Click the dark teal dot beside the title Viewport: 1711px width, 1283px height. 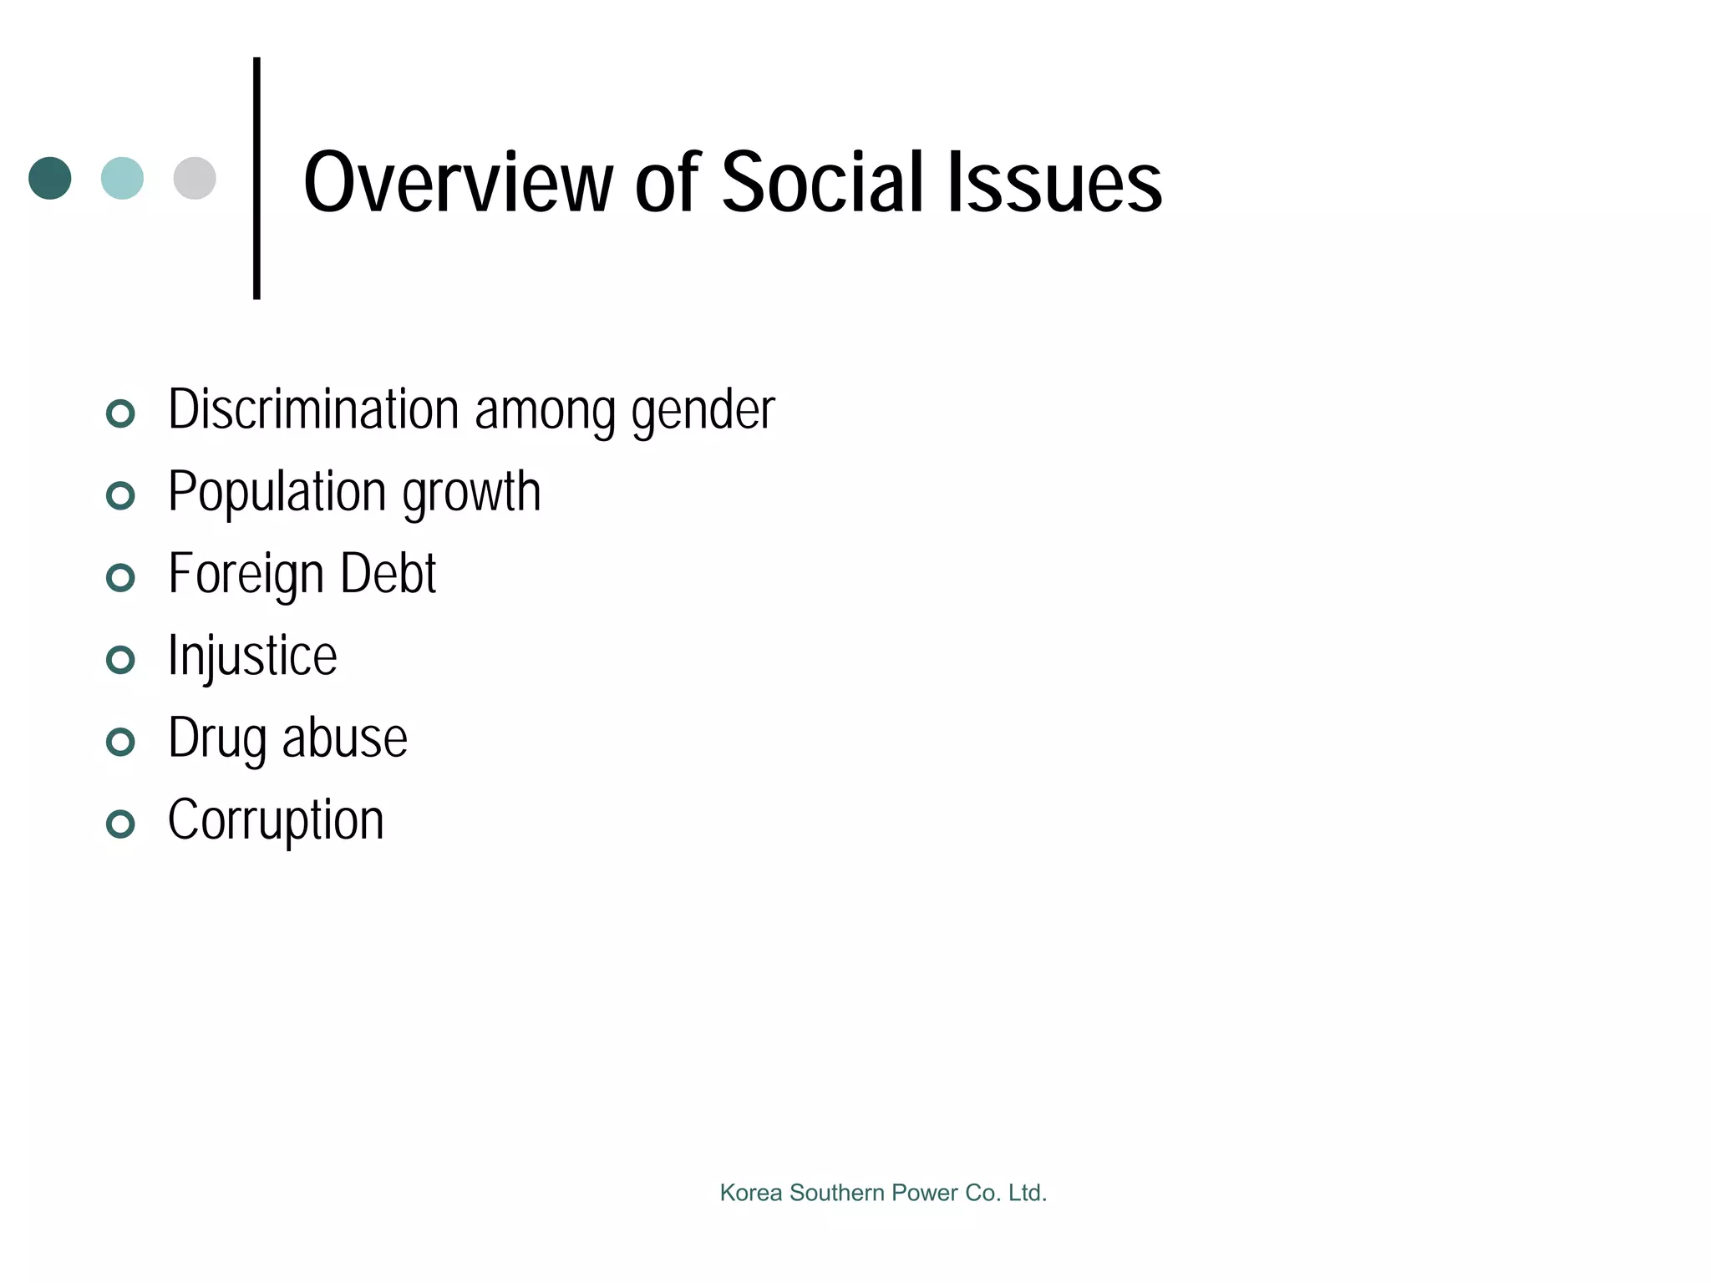pos(50,178)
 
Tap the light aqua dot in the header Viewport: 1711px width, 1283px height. pos(122,178)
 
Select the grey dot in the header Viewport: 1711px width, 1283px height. pos(195,178)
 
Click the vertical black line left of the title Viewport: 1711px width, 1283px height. pos(256,178)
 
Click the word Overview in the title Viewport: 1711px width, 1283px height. pos(458,183)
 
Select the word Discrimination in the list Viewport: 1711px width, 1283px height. pos(314,409)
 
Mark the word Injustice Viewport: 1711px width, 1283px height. pos(252,657)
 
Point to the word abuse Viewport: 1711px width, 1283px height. pos(345,738)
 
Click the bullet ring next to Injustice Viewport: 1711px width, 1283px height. pos(121,660)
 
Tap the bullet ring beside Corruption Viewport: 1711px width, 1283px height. pos(121,824)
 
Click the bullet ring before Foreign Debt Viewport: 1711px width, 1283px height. pos(121,577)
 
